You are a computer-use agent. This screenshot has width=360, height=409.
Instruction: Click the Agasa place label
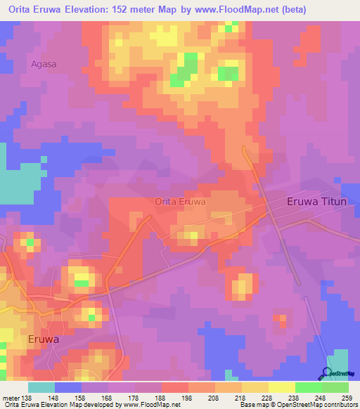[44, 64]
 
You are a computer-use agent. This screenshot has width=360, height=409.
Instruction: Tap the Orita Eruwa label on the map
[180, 202]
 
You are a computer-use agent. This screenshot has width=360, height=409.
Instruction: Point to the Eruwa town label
[44, 339]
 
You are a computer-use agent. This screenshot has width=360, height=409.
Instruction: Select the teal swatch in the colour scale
[41, 388]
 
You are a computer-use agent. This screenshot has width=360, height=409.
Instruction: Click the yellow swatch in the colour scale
[282, 388]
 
